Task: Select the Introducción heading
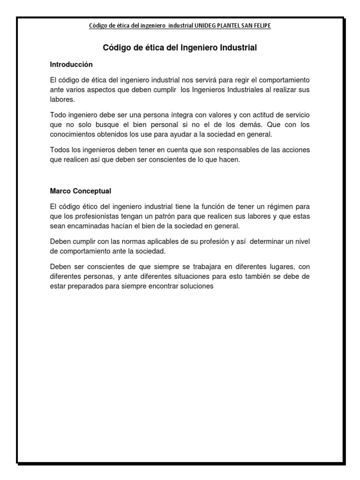click(71, 64)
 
